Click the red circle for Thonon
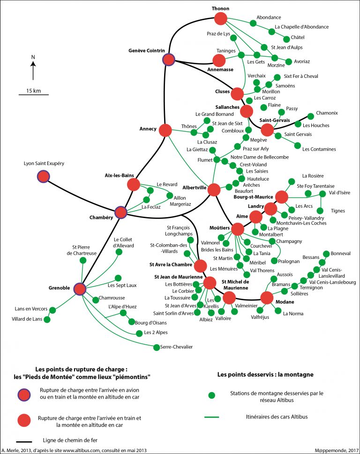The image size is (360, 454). click(x=220, y=18)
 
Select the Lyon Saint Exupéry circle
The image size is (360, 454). click(x=43, y=176)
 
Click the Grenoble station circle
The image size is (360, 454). click(x=80, y=288)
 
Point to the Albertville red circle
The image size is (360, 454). click(x=214, y=189)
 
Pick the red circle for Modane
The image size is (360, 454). click(x=267, y=298)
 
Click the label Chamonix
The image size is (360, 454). click(x=327, y=113)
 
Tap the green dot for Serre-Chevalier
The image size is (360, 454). click(x=156, y=347)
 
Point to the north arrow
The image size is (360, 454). click(x=33, y=68)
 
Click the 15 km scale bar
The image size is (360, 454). click(x=33, y=95)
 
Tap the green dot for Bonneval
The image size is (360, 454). click(x=326, y=253)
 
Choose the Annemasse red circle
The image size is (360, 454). click(x=219, y=61)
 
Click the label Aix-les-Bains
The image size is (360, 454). click(x=120, y=175)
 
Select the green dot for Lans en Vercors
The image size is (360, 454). click(x=52, y=310)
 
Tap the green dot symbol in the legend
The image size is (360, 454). click(x=211, y=395)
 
